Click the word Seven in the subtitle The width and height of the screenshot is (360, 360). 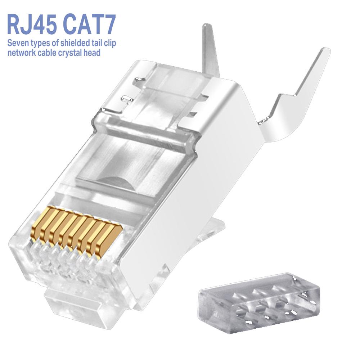coord(17,43)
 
